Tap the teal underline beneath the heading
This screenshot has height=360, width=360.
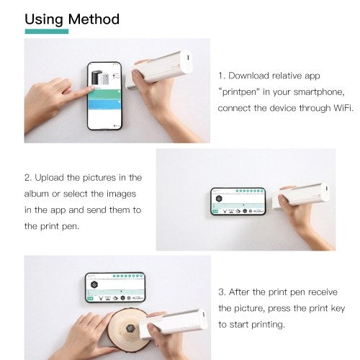point(47,32)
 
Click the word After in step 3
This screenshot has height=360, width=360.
point(243,292)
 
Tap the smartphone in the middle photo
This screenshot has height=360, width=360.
point(238,202)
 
